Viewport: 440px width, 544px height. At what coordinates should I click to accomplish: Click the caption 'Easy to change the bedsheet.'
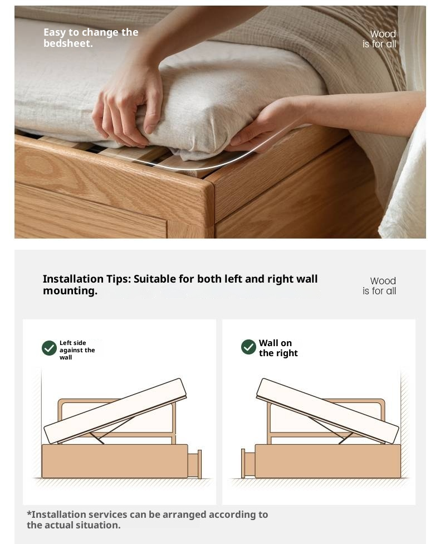coord(91,37)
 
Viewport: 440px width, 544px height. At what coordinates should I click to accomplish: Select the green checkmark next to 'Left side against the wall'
coord(49,348)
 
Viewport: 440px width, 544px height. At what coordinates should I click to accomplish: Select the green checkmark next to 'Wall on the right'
coord(248,347)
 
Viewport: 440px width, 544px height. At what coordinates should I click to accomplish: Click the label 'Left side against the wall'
coord(77,350)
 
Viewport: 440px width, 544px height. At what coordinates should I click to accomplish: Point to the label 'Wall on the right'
coord(278,348)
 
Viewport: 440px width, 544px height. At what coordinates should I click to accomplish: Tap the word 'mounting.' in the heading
coord(70,291)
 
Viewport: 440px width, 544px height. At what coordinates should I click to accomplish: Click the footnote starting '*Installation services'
coord(147,519)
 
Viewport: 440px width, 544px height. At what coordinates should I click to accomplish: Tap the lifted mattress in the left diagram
coord(115,411)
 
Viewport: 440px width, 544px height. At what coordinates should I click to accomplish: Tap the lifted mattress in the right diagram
coord(327,410)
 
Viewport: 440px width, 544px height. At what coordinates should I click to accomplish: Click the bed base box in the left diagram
coord(114,461)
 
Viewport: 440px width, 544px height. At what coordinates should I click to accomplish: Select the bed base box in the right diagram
coord(327,461)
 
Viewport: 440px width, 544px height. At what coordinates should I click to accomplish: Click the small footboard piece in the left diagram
coord(195,464)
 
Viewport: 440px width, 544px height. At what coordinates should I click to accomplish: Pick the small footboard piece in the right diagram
coord(247,464)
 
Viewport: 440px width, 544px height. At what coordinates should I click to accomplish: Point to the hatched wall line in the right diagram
coord(404,424)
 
